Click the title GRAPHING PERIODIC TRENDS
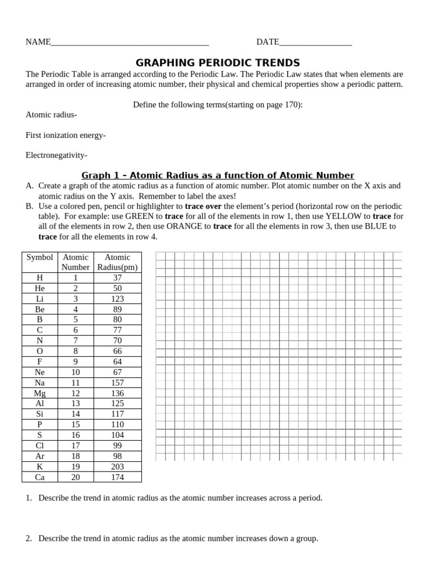[x=218, y=63]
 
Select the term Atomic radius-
[x=51, y=115]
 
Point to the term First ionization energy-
[x=66, y=135]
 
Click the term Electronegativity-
[x=56, y=155]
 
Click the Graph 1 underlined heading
[x=218, y=175]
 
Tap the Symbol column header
[x=40, y=258]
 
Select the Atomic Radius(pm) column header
[x=118, y=262]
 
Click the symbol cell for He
[x=40, y=288]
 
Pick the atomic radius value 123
[x=118, y=299]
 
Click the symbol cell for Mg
[x=40, y=393]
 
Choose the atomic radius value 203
[x=118, y=466]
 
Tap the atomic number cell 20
[x=76, y=477]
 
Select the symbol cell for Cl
[x=40, y=445]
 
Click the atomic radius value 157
[x=118, y=382]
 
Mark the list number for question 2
[x=28, y=538]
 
